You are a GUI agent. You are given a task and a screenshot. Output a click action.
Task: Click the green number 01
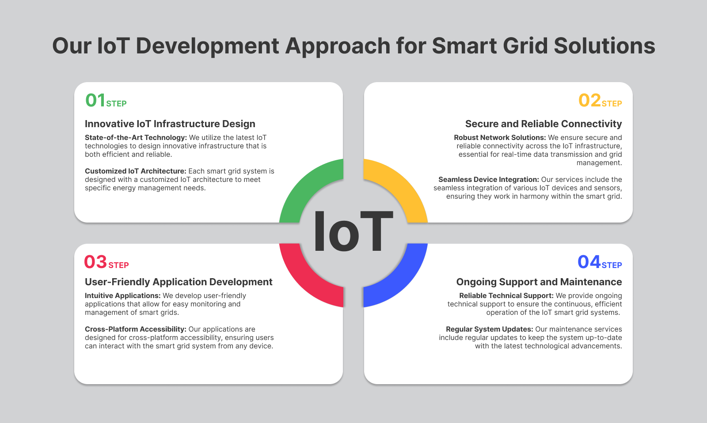tap(95, 100)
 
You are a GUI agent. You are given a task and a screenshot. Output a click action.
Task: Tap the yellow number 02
tap(589, 100)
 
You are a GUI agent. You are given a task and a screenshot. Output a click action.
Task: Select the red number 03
tap(95, 262)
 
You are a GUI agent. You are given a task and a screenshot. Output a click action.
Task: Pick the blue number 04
tap(589, 262)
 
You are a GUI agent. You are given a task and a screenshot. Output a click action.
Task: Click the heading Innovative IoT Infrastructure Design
tap(170, 124)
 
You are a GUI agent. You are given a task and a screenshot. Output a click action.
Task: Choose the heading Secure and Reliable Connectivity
tap(543, 124)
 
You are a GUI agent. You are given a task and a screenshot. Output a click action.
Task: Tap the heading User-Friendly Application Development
tap(179, 282)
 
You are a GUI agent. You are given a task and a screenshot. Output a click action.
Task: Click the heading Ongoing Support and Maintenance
tap(539, 282)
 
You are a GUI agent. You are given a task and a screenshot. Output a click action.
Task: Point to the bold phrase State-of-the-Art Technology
tap(136, 137)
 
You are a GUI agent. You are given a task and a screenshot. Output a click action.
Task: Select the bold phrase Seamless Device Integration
tap(488, 179)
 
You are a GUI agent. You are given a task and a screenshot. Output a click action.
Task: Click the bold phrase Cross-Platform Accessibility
tap(136, 329)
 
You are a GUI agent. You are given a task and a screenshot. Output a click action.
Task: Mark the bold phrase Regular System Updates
tap(489, 329)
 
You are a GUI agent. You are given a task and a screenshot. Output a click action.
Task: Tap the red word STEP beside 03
tap(118, 265)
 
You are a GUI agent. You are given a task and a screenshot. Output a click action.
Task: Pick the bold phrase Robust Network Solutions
tap(500, 137)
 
